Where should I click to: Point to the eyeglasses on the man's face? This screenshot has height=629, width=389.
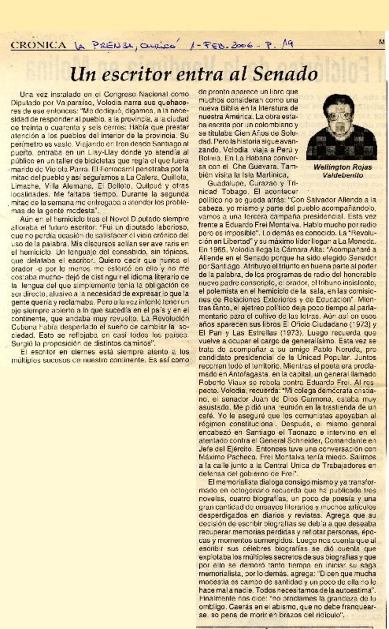[x=339, y=117]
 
